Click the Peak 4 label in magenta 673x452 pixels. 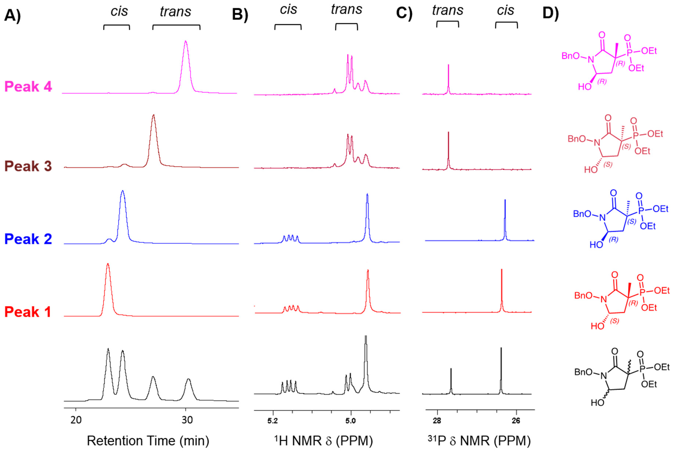[28, 86]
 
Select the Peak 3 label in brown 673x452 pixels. [28, 166]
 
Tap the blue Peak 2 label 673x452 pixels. [28, 239]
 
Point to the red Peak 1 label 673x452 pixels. [27, 312]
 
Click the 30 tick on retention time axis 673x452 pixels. [187, 420]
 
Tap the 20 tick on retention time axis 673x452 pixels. [76, 420]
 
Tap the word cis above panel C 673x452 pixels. [505, 11]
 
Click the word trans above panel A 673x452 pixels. [176, 12]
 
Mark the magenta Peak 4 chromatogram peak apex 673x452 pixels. [186, 41]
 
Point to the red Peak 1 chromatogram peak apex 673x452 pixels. [108, 264]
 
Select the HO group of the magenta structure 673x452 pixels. [585, 86]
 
